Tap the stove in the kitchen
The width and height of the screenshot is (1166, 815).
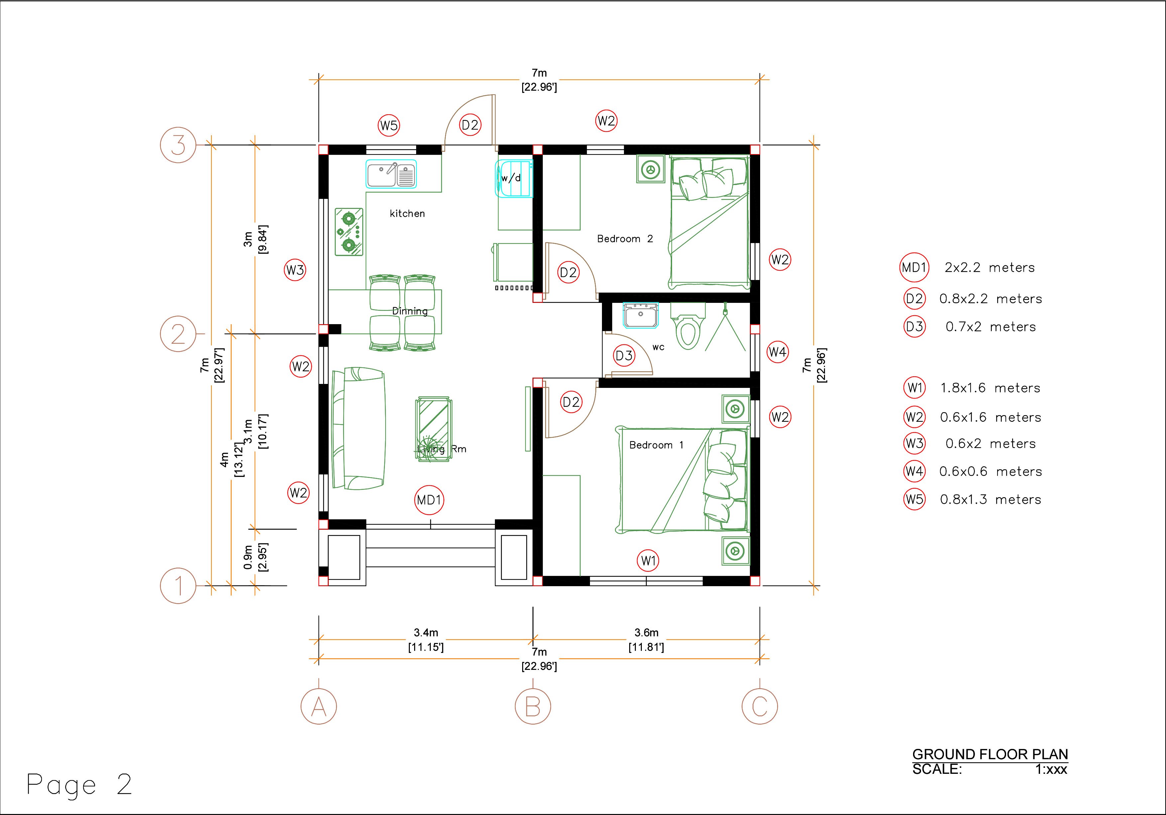(349, 231)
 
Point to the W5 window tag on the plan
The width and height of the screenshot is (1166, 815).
(389, 125)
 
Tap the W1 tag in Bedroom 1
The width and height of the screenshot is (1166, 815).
(648, 561)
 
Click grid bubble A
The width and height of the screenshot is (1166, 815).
(318, 706)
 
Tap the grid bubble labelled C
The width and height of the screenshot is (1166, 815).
(759, 706)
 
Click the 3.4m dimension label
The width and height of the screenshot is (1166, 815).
(425, 633)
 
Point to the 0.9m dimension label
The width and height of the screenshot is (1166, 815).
(248, 557)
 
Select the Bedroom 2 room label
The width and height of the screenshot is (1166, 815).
(625, 238)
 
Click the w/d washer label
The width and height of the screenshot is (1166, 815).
(511, 178)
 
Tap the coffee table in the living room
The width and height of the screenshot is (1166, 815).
(434, 429)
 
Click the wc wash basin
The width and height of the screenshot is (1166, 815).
(641, 315)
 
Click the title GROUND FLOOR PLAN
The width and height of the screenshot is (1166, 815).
(990, 754)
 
